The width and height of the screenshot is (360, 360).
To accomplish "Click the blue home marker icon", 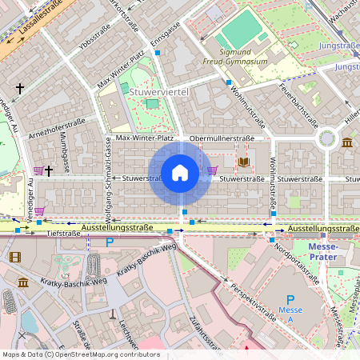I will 180,173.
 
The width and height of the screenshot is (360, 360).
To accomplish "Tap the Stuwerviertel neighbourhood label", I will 158,93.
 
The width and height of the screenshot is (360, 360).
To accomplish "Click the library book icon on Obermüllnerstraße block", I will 244,162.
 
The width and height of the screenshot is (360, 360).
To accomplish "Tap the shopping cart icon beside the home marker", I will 212,170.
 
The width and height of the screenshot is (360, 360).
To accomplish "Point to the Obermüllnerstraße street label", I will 222,138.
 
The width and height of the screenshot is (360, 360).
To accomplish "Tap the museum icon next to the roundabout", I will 346,142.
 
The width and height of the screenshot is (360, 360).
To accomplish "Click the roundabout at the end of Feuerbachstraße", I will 326,138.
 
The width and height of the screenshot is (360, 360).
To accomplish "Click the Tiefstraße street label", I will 64,234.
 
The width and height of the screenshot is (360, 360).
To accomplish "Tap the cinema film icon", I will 15,257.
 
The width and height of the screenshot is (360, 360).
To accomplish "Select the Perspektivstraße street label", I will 252,302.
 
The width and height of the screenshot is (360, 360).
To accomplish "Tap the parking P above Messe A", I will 290,299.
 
